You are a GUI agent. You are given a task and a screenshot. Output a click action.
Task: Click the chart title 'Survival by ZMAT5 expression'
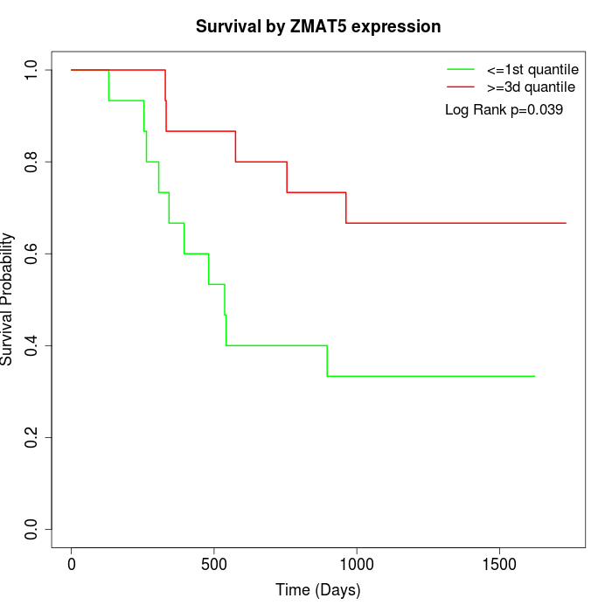click(x=317, y=26)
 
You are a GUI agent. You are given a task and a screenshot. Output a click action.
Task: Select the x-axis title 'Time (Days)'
click(x=317, y=590)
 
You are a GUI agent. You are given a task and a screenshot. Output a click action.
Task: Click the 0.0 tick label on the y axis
click(x=32, y=530)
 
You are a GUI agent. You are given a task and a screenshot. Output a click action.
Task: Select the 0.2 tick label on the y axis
click(x=32, y=438)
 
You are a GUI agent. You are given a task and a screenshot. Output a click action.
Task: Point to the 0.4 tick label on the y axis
click(x=32, y=346)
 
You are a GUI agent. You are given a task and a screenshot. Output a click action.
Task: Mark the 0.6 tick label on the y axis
click(x=32, y=254)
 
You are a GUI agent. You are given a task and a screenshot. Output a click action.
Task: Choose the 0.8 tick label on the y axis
click(x=32, y=162)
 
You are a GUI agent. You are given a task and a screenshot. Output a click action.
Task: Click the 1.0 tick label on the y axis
click(x=32, y=70)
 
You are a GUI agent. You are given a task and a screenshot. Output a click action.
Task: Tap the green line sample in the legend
click(x=461, y=69)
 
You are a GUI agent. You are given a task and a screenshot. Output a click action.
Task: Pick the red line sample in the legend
click(x=461, y=87)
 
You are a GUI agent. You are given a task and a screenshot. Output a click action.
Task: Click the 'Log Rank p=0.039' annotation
click(x=504, y=110)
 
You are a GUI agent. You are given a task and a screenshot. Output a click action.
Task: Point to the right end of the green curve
click(x=534, y=376)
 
